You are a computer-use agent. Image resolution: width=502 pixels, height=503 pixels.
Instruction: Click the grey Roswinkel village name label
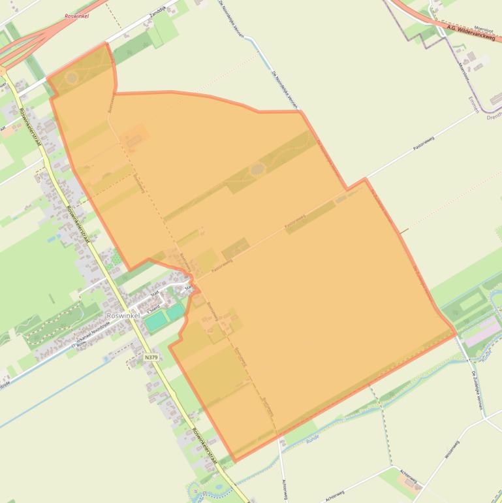pos(121,316)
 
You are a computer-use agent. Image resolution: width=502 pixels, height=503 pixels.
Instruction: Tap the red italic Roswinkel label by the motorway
pos(76,16)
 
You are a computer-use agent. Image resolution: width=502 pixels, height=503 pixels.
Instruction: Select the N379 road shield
pos(151,357)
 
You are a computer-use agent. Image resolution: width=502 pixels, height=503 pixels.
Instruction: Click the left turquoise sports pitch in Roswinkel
pos(155,321)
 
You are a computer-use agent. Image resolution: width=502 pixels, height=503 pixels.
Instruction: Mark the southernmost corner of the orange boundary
pos(234,461)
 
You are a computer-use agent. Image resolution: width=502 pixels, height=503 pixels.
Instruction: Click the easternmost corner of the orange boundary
pos(456,334)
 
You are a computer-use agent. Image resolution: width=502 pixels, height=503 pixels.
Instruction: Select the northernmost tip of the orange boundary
pos(105,44)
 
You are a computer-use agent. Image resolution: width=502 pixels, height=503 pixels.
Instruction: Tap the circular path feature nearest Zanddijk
pos(72,78)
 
